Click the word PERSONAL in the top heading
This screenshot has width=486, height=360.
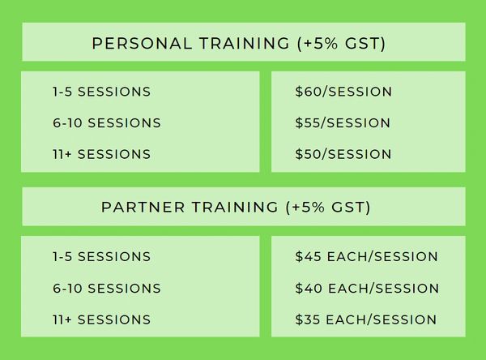point(142,43)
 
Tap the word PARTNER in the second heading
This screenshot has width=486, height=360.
point(143,207)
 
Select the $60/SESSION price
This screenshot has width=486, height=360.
point(343,92)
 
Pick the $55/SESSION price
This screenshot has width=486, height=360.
point(343,123)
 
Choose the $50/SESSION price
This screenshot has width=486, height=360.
point(343,154)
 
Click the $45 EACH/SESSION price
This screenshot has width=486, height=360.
point(366,257)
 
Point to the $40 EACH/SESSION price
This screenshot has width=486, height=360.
point(367,289)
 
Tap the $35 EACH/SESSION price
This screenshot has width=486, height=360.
point(366,319)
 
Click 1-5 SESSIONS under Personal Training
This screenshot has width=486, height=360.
point(102,92)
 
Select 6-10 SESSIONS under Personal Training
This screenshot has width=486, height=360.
point(107,123)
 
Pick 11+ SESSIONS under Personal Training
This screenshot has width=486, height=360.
point(102,154)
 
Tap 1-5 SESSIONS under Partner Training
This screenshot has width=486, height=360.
point(102,257)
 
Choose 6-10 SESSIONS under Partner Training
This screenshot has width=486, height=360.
point(107,289)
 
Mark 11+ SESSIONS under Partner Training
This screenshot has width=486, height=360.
point(102,319)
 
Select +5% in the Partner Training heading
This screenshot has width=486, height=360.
point(308,207)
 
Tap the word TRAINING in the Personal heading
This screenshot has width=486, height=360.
point(245,43)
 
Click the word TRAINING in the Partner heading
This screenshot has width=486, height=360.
point(235,207)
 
